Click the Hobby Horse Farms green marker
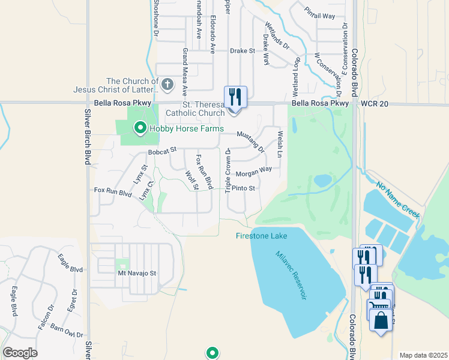tap(140, 128)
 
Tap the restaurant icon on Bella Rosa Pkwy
tap(235, 97)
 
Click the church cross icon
tap(167, 84)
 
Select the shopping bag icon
tap(381, 319)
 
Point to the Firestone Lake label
tap(261, 236)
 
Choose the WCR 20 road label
tap(375, 104)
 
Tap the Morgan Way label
tap(254, 173)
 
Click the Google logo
tap(20, 353)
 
